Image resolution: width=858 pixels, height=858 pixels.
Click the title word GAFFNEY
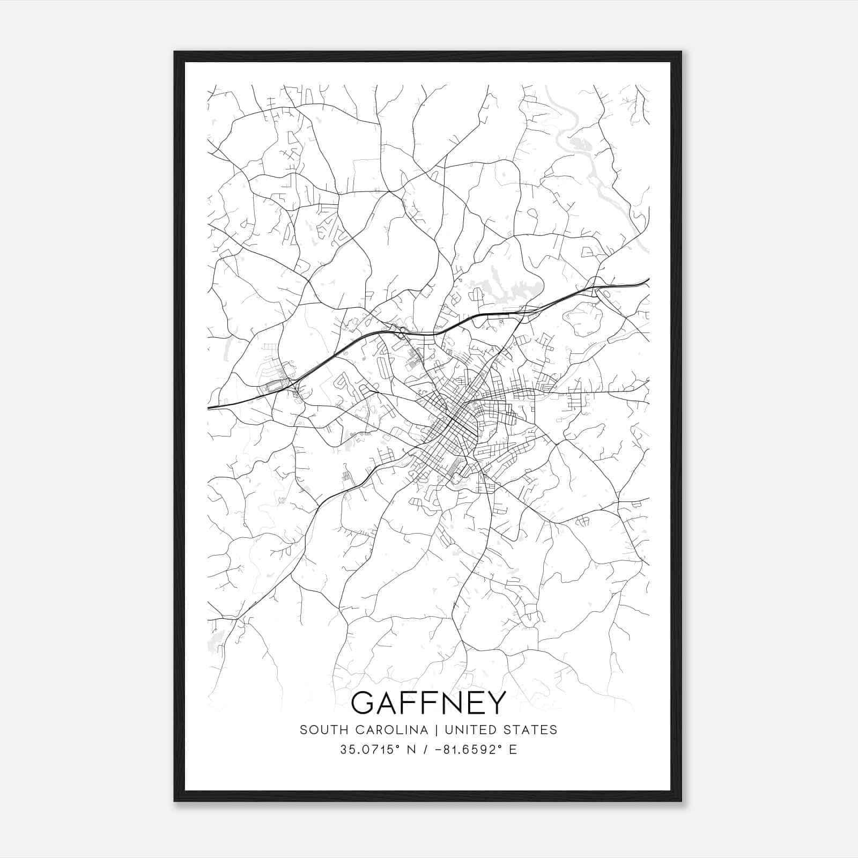coord(428,702)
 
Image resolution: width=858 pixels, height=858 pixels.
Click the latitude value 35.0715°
coord(370,749)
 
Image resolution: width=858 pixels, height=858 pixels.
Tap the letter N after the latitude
coord(412,749)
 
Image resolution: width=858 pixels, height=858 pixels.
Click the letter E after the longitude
coord(513,749)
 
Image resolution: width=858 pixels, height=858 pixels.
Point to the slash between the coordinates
coord(426,749)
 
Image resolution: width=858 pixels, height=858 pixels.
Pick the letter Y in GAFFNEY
coord(497,702)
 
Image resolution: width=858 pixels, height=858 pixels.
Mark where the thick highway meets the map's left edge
coord(209,408)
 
